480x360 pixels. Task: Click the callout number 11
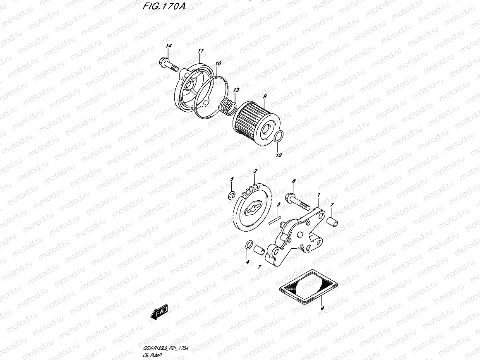(200, 51)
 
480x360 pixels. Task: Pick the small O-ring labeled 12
(279, 137)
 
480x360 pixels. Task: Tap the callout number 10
(218, 63)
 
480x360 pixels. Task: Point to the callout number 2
(255, 171)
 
